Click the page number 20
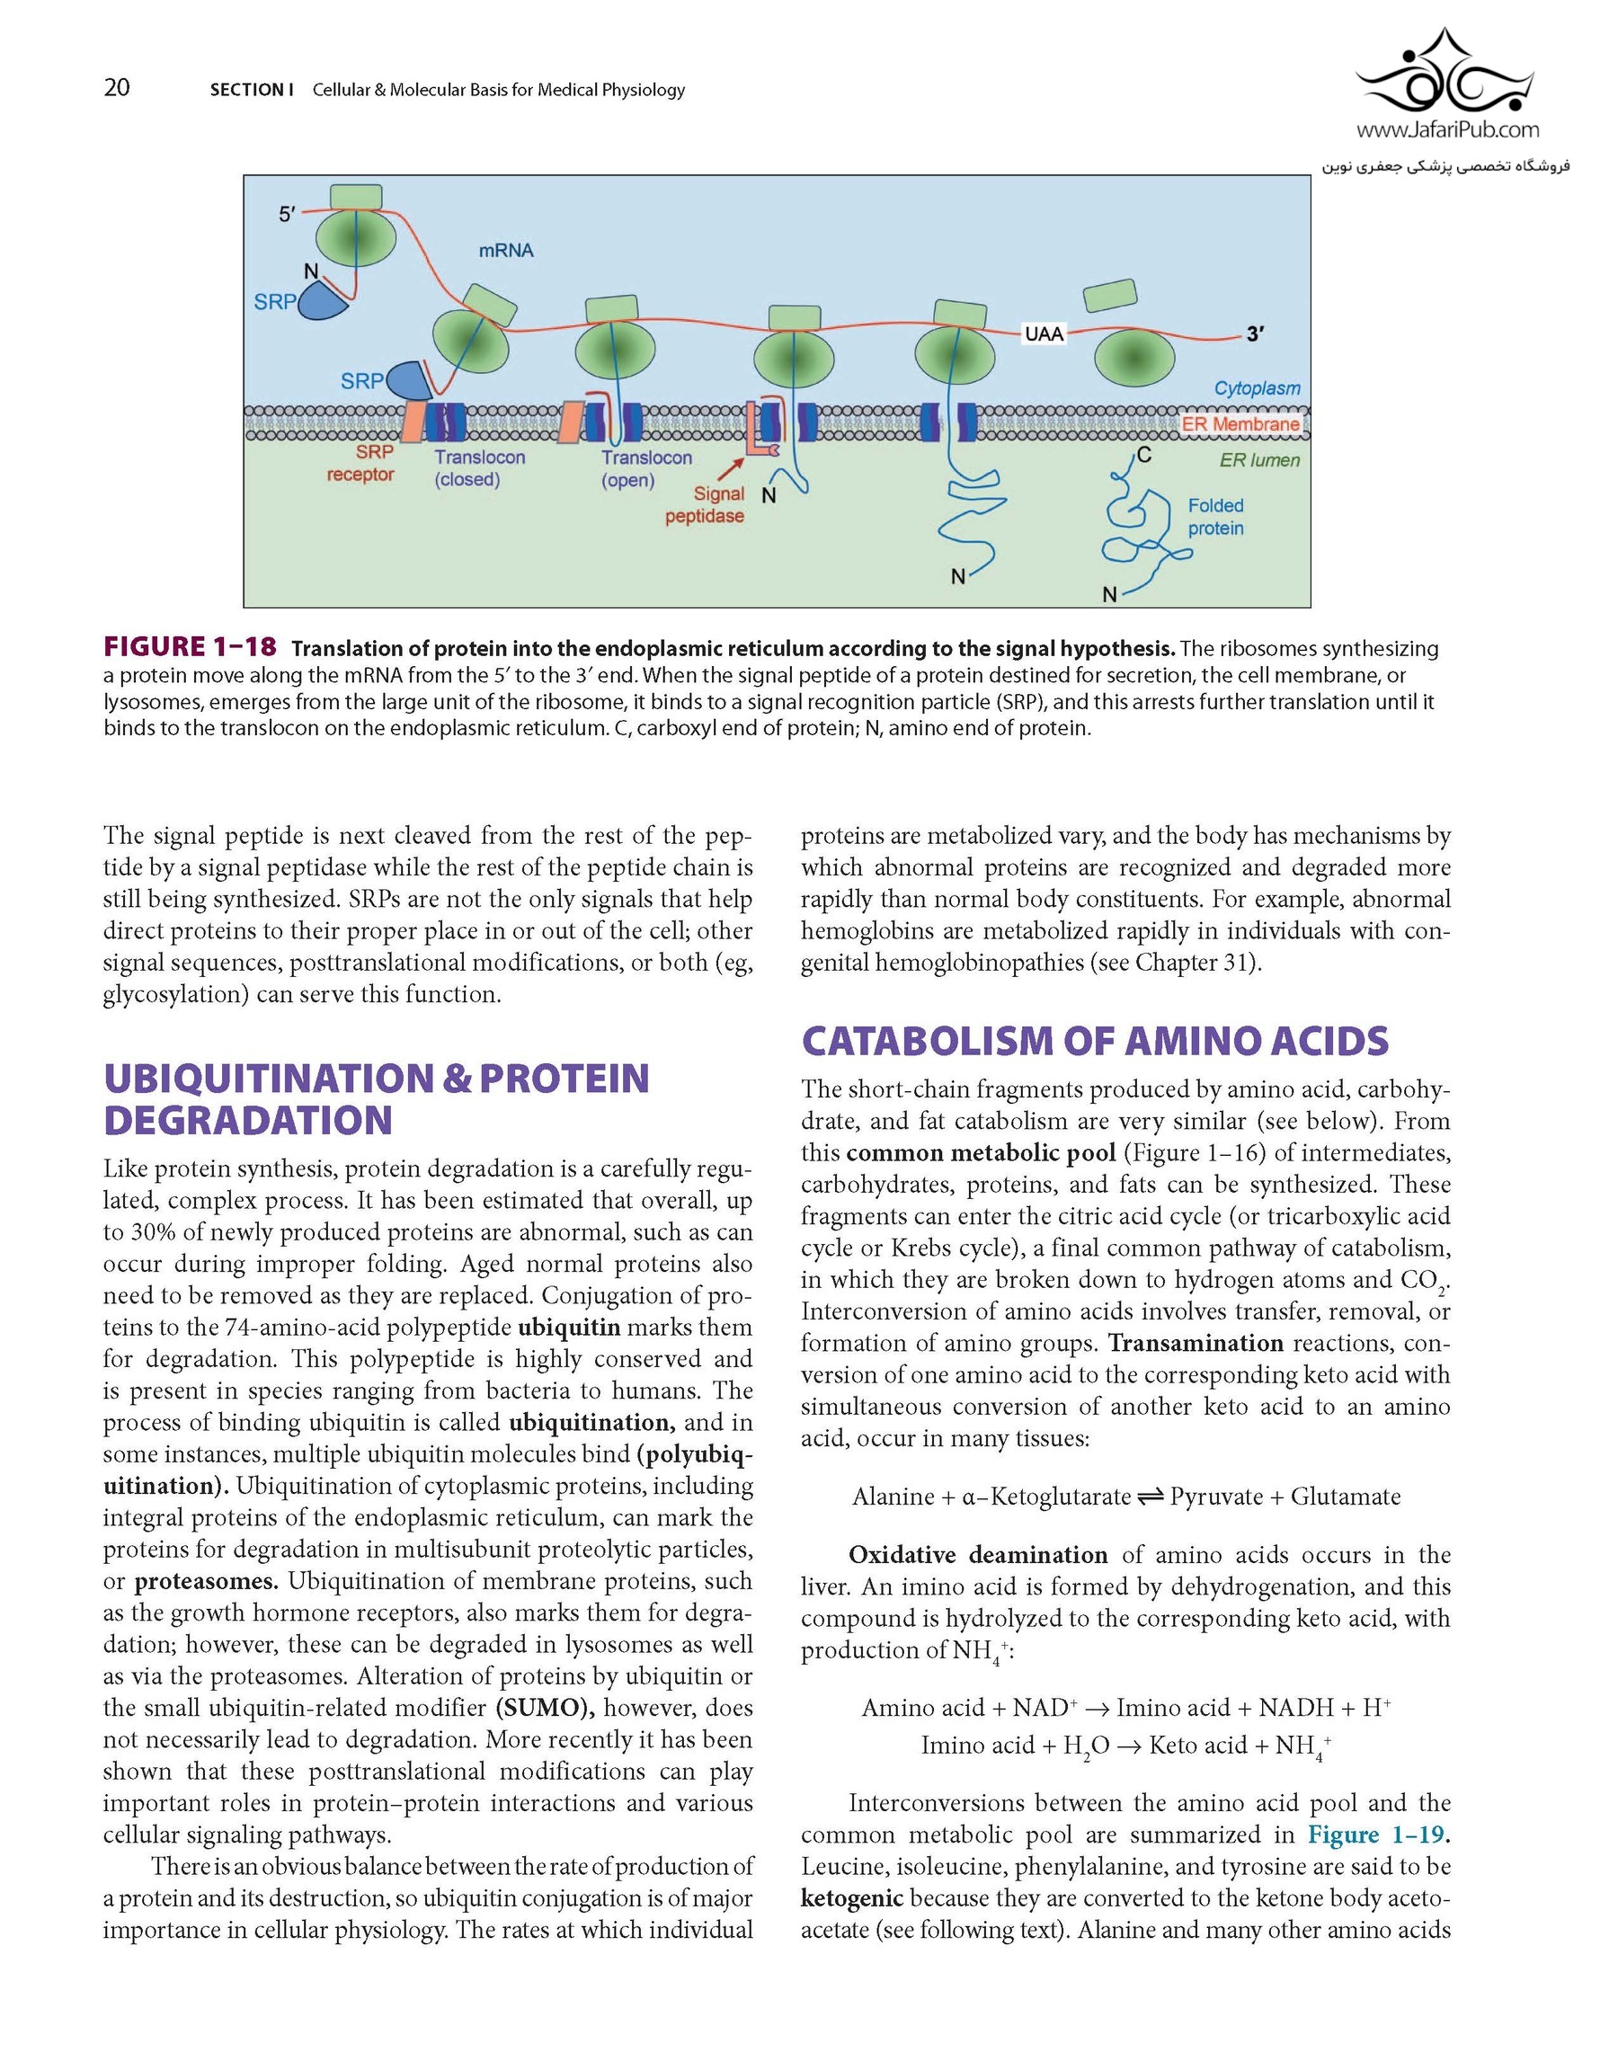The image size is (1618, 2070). coord(117,88)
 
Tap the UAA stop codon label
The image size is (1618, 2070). coord(1045,333)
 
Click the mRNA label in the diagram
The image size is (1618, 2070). coord(506,250)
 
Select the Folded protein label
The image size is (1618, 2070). coord(1215,517)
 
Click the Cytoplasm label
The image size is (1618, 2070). coord(1257,388)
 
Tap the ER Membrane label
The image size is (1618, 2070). coord(1240,423)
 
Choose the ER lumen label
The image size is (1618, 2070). coord(1259,460)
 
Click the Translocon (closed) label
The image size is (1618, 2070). coord(479,468)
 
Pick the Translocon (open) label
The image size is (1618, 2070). coord(645,468)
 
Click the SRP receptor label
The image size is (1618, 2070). coord(361,464)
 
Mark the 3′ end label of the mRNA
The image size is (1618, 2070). coord(1255,333)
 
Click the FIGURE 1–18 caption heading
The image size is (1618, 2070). coord(190,647)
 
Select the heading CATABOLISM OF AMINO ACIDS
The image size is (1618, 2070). coord(1095,1041)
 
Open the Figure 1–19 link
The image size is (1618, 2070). coord(1376,1834)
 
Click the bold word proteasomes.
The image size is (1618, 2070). coord(206,1581)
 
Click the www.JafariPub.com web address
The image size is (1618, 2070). coord(1447,129)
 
